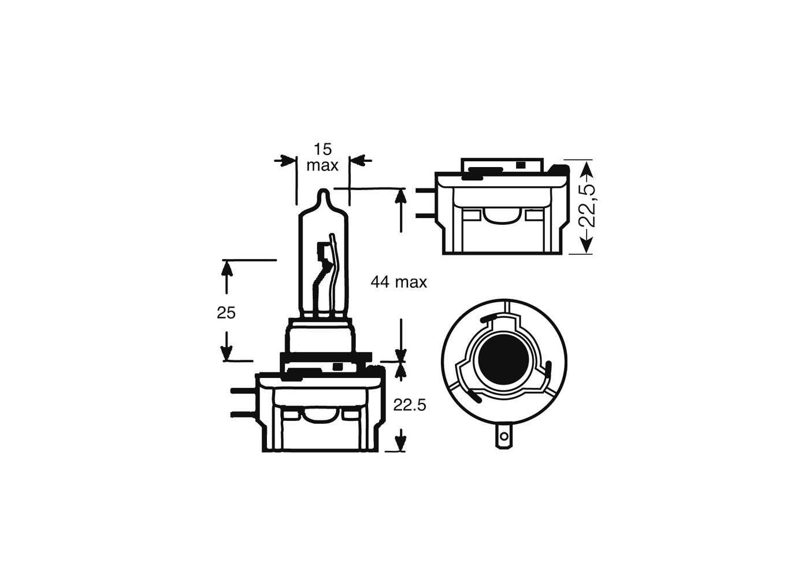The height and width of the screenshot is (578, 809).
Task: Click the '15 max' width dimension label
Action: [x=322, y=158]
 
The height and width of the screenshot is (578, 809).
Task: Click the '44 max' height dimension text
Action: [x=399, y=282]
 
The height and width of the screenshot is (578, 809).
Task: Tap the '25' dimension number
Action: [x=226, y=313]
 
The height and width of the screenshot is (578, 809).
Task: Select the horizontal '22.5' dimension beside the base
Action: [x=409, y=405]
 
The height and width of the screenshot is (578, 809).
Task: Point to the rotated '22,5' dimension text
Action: [x=587, y=206]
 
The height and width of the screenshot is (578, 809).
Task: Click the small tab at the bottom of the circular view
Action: [x=504, y=438]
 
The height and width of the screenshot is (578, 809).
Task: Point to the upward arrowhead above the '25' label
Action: [x=227, y=269]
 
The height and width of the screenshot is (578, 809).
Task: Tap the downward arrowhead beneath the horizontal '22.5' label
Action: [x=400, y=442]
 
